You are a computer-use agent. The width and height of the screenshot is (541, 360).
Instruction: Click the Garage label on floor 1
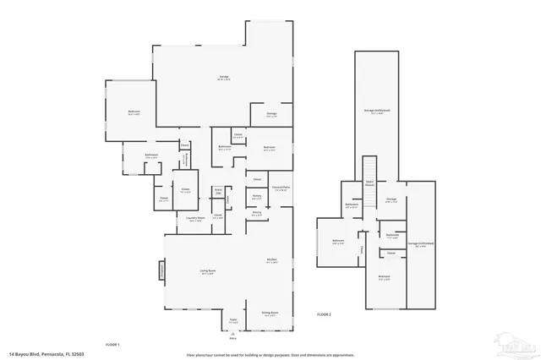coord(225,78)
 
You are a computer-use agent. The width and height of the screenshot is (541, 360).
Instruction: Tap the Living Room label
coord(205,271)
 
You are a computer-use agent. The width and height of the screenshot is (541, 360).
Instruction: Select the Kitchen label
coord(272,260)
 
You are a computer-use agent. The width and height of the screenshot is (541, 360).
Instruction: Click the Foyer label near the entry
coord(233,321)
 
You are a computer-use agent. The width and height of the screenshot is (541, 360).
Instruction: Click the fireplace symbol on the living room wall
coord(159,270)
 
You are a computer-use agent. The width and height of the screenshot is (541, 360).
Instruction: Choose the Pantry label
coord(256,196)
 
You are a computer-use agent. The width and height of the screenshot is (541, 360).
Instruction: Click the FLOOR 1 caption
coord(112,344)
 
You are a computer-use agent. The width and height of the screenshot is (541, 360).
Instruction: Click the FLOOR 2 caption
coord(324,314)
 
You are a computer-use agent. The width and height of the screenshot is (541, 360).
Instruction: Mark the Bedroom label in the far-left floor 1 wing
coord(134,112)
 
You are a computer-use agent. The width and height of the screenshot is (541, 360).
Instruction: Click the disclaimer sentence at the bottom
coord(270,354)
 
